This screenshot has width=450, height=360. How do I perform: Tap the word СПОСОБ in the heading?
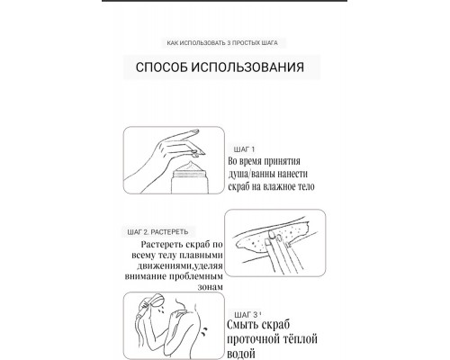(158, 67)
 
